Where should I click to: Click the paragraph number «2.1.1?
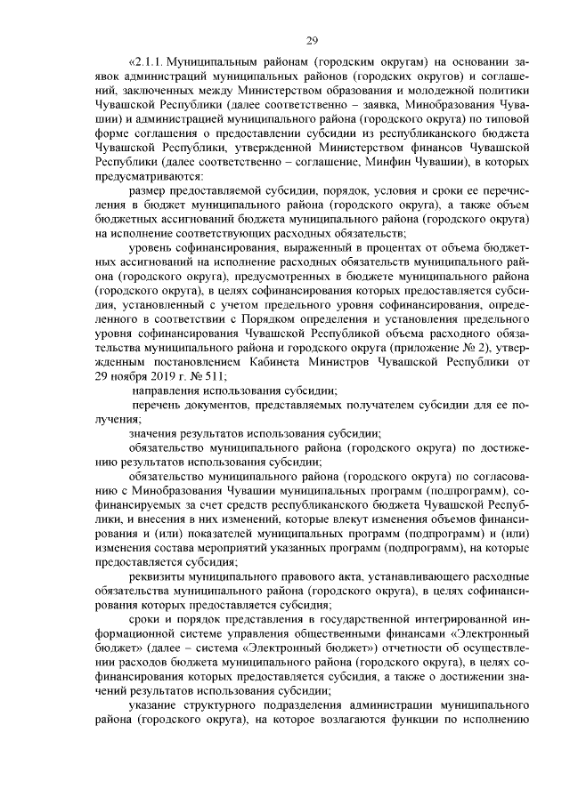pyautogui.click(x=148, y=63)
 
